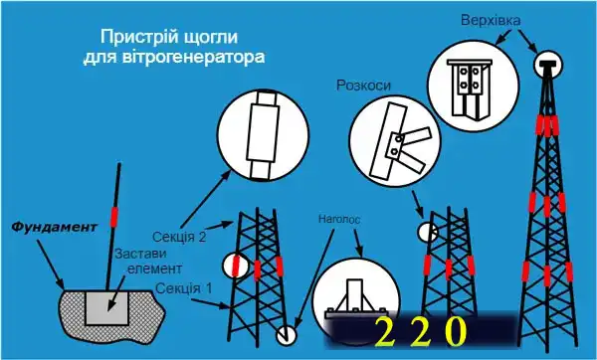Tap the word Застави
[138, 253]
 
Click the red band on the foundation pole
[114, 215]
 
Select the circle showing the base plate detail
[353, 298]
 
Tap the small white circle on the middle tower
[425, 231]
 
